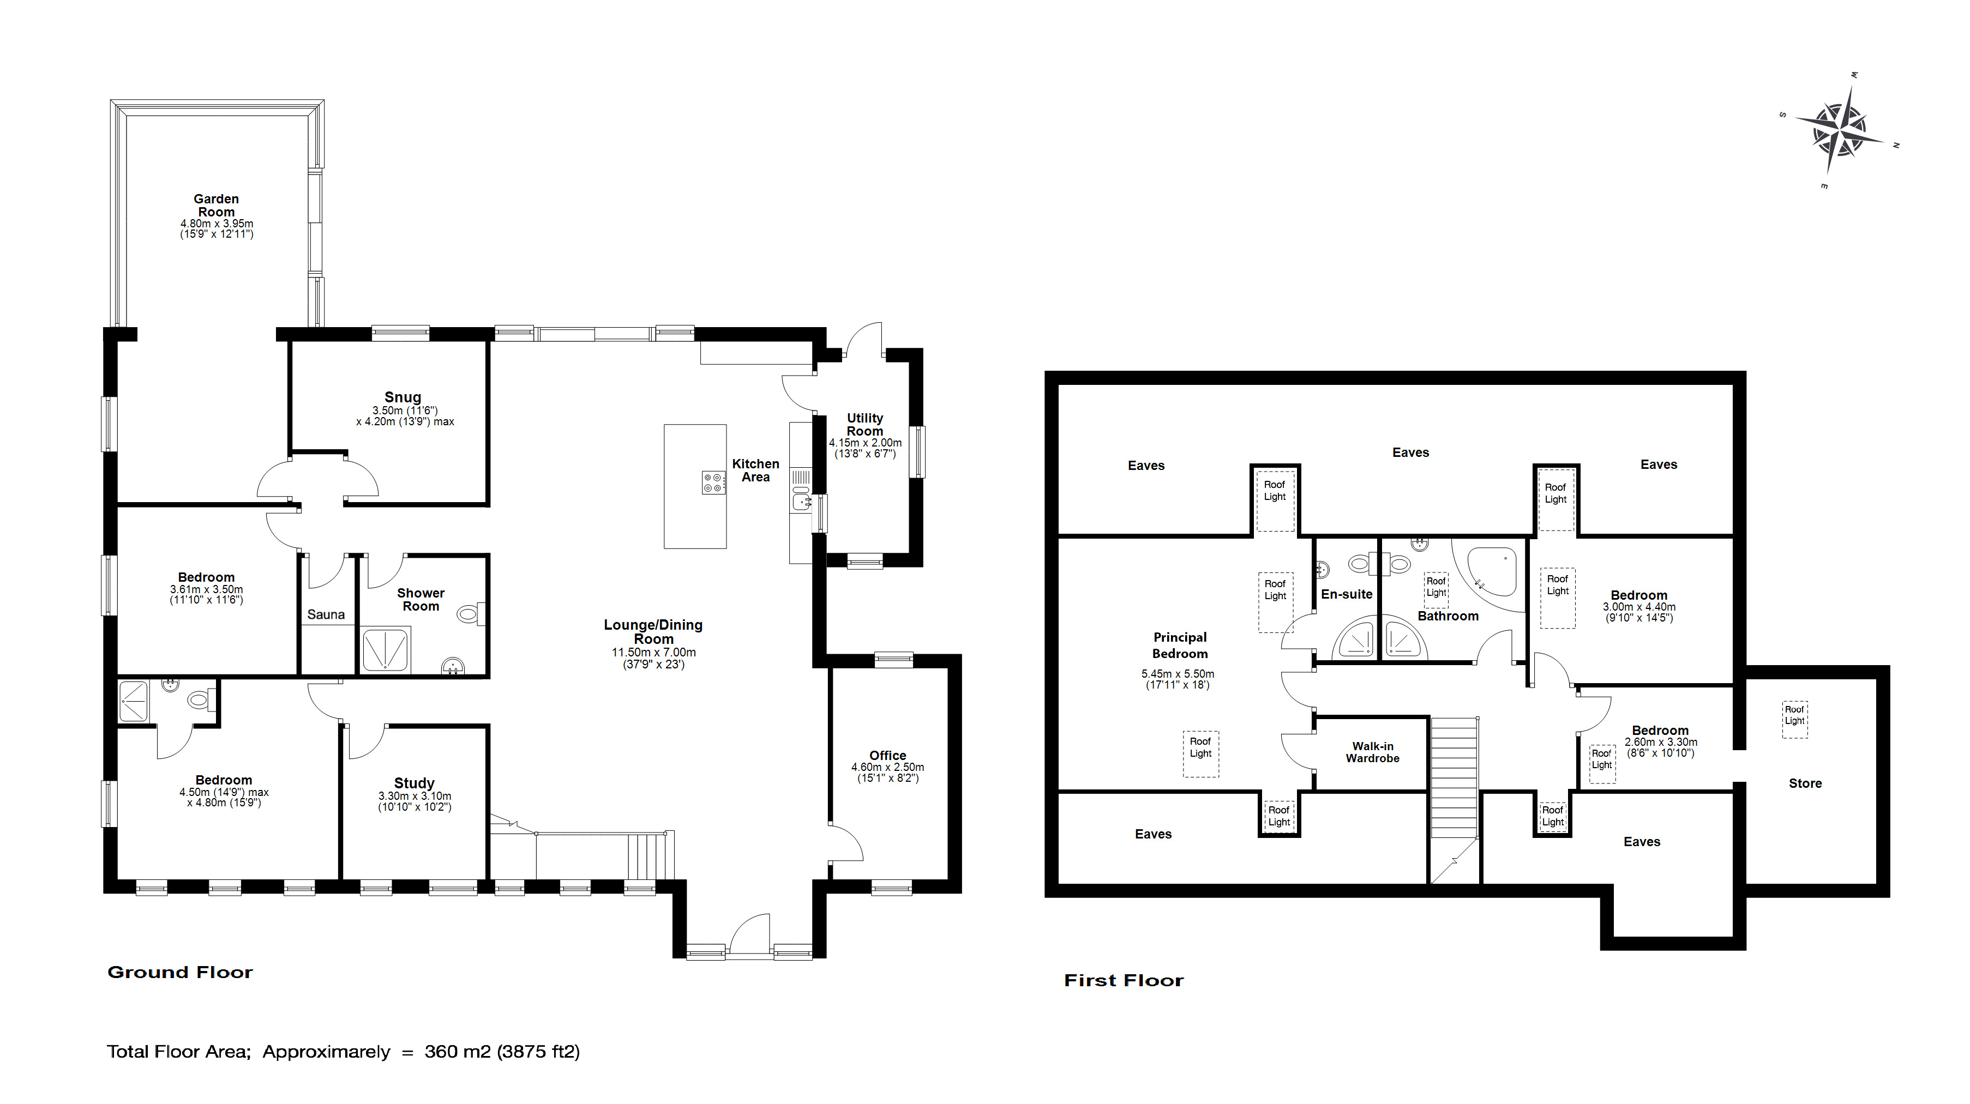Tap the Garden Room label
(217, 206)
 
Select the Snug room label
(403, 397)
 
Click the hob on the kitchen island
(713, 482)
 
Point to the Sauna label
(326, 614)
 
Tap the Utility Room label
(865, 424)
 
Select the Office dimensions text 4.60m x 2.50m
(888, 767)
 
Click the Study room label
(415, 783)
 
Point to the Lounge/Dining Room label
(653, 631)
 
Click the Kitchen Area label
(755, 470)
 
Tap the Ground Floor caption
(181, 973)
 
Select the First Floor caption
(1124, 981)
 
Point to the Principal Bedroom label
(1180, 645)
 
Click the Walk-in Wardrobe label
(1373, 752)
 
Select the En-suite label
(1347, 594)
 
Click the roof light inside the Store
(1795, 720)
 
